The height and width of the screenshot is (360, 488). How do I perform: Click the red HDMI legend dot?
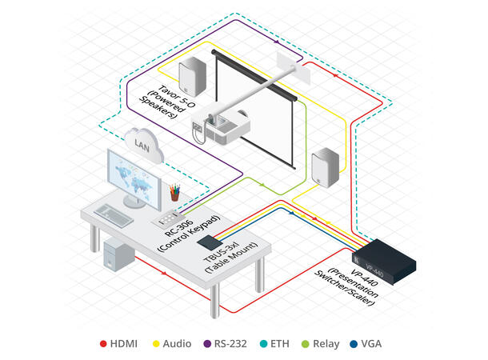pos(103,343)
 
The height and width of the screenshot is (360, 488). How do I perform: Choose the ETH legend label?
pos(290,343)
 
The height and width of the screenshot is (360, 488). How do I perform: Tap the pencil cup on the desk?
pos(174,193)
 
